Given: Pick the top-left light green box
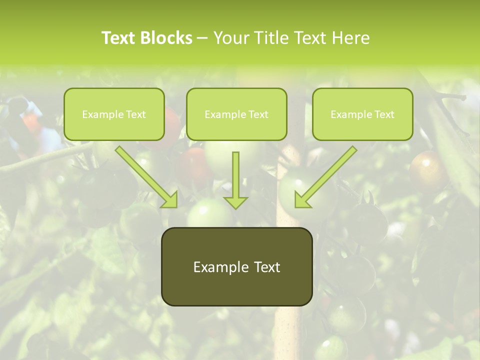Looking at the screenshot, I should (x=114, y=114).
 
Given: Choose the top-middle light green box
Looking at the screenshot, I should (x=236, y=114).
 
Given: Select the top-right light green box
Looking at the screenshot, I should (x=362, y=114).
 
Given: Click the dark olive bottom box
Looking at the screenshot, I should (x=236, y=266).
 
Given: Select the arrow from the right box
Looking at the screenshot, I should (x=327, y=175).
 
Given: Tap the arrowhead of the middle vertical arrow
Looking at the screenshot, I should (x=235, y=202).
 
